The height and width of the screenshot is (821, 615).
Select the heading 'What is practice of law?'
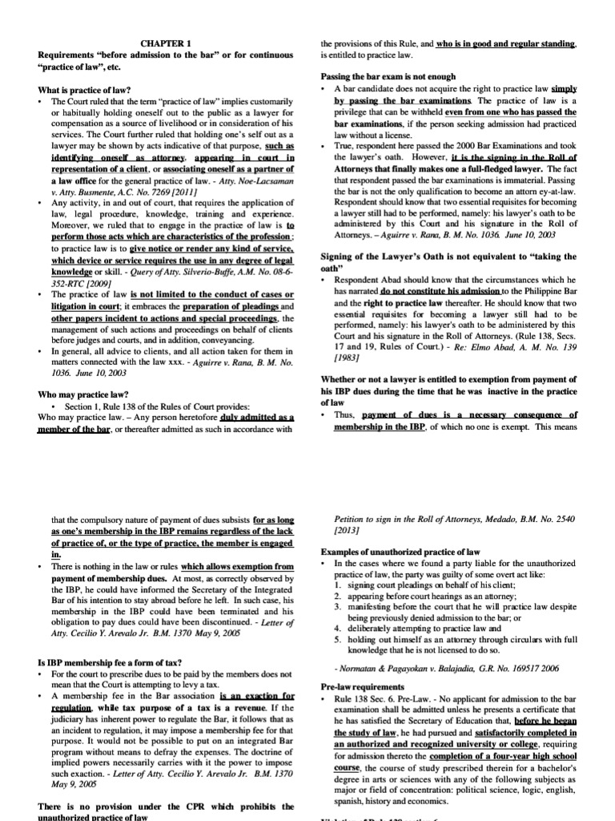(86, 89)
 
